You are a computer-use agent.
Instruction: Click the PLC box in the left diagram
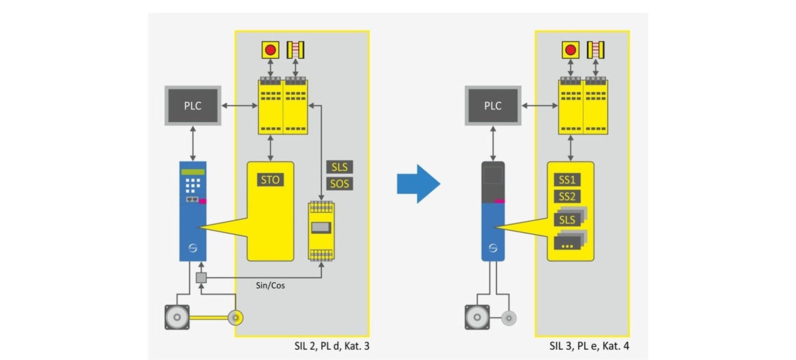[x=193, y=106]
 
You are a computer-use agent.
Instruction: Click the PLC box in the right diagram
[x=493, y=106]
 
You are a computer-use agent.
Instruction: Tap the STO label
[x=270, y=180]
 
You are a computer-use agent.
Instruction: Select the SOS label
[x=339, y=184]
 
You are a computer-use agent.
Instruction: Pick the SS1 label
[x=567, y=180]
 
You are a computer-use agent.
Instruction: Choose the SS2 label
[x=567, y=197]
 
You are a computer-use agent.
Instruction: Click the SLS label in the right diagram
[x=567, y=220]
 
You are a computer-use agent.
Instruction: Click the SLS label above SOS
[x=339, y=167]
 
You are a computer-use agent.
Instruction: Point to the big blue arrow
[x=418, y=184]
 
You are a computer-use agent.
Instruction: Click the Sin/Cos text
[x=270, y=285]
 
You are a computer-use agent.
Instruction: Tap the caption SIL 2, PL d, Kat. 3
[x=332, y=346]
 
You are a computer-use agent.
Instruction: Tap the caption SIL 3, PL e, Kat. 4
[x=589, y=346]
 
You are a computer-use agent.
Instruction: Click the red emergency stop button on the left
[x=270, y=49]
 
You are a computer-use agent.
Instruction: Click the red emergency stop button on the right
[x=570, y=49]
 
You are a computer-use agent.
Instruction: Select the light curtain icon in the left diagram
[x=295, y=49]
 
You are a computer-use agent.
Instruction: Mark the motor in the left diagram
[x=177, y=317]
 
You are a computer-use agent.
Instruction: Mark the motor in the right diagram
[x=477, y=317]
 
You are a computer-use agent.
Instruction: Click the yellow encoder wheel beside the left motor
[x=235, y=318]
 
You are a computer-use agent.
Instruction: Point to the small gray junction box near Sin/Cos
[x=201, y=278]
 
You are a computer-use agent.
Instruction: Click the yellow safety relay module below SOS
[x=321, y=230]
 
